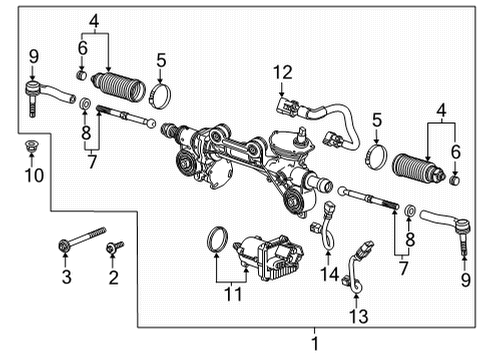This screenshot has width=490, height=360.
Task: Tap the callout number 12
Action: click(x=285, y=71)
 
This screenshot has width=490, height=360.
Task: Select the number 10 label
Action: click(x=33, y=177)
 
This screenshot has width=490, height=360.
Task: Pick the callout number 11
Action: click(x=232, y=296)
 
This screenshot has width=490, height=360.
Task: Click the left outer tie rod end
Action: click(x=47, y=94)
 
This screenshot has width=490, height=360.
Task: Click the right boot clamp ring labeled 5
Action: click(x=376, y=157)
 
